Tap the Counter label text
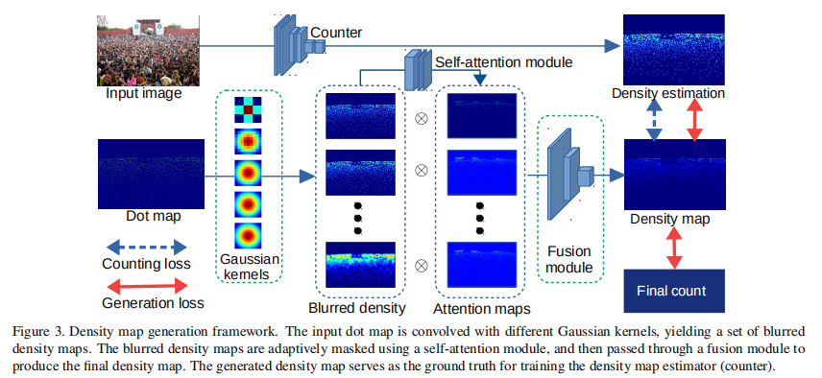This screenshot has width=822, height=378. tap(336, 33)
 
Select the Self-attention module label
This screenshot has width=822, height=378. tap(503, 61)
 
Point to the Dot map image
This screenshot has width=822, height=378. tap(153, 172)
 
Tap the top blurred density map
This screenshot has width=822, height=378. tap(360, 117)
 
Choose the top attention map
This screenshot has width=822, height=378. tap(482, 117)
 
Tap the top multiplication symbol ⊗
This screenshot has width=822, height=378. tap(420, 119)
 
